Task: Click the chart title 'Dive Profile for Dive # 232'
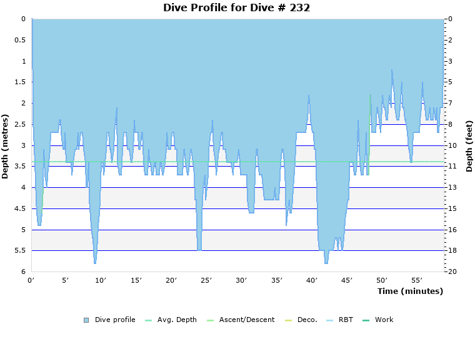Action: point(237,7)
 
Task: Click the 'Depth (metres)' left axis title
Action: point(6,146)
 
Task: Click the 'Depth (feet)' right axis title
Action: point(469,146)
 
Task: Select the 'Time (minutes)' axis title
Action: point(410,291)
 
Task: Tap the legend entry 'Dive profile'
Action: point(115,320)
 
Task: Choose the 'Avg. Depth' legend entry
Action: point(177,320)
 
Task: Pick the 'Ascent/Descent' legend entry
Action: point(246,320)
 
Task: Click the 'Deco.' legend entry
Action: point(307,320)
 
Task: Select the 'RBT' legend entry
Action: point(346,320)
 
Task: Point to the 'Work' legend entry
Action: point(384,320)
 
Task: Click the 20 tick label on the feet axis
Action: point(452,272)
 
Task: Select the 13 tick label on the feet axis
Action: point(452,188)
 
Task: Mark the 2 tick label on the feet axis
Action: point(450,41)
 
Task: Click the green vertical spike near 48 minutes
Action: point(370,125)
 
